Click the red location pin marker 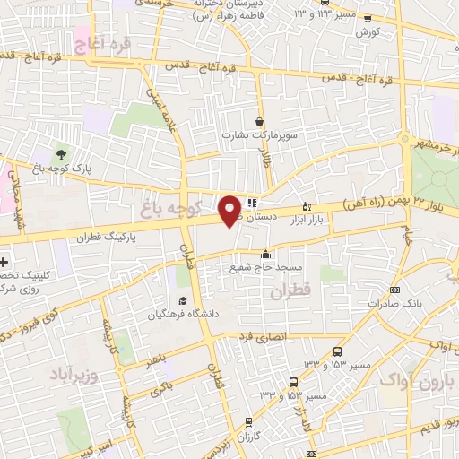[230, 209]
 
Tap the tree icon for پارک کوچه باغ [60, 153]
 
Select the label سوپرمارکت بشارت [259, 134]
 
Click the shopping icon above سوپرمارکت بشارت [259, 121]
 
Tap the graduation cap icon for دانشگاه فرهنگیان [183, 301]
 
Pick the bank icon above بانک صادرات [395, 290]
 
